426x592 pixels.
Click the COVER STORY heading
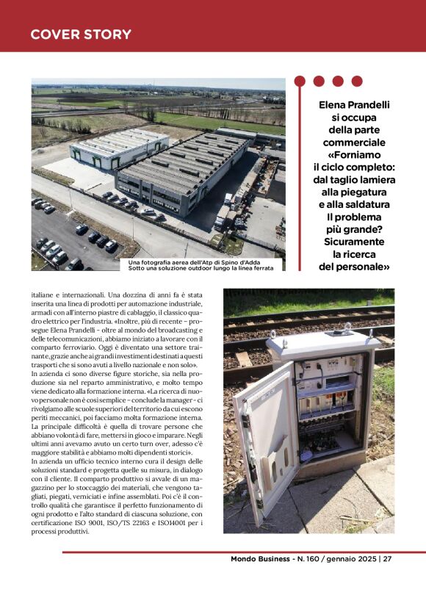click(x=81, y=35)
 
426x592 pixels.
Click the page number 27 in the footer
click(x=387, y=559)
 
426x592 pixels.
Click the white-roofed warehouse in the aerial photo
click(x=118, y=147)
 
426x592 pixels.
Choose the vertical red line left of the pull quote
click(x=300, y=184)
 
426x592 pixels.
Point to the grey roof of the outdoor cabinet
click(x=323, y=340)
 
